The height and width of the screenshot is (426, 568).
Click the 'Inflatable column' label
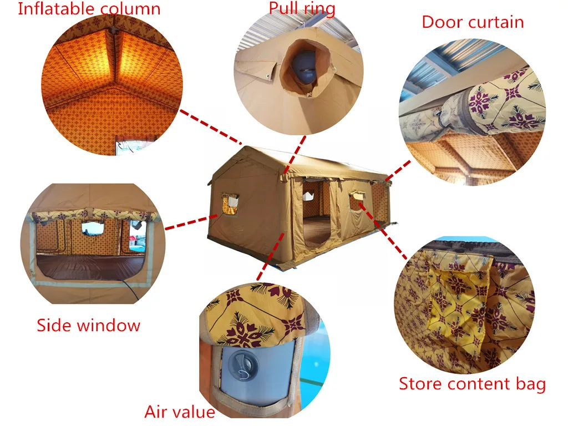(x=89, y=9)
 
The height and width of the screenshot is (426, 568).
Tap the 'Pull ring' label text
(x=302, y=8)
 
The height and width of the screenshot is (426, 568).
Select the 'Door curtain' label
(x=473, y=22)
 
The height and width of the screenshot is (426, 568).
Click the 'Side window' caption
(x=89, y=325)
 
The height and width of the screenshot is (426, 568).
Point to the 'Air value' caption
(x=180, y=412)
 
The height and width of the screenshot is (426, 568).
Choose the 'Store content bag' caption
(x=473, y=384)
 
